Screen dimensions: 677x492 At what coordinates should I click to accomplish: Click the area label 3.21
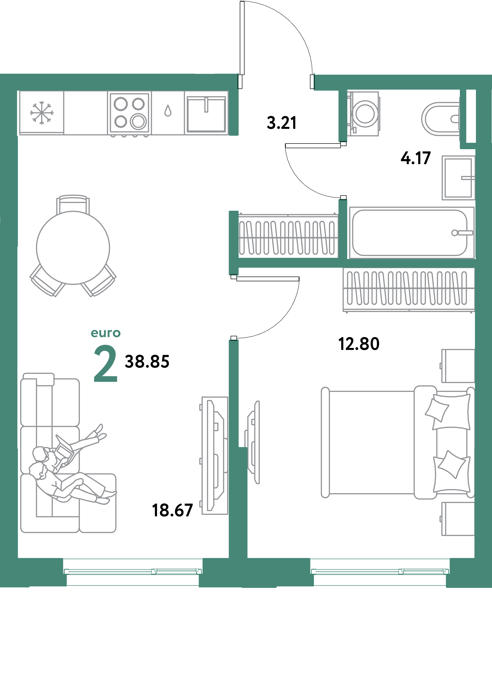[282, 123]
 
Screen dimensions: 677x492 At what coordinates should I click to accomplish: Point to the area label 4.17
[416, 158]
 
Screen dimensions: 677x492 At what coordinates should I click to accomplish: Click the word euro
[106, 333]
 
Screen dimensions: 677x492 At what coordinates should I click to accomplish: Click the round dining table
[73, 248]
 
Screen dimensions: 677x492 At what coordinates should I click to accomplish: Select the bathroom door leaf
[313, 146]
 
